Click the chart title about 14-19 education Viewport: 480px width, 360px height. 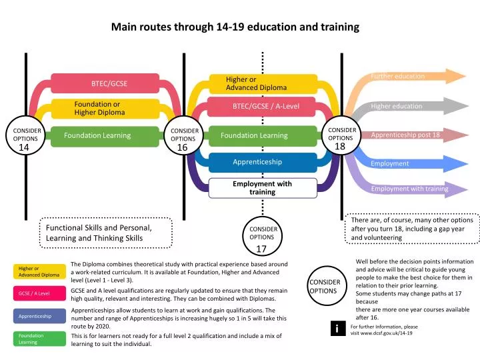235,27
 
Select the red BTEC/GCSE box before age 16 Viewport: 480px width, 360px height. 105,83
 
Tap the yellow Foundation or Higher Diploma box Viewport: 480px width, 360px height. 105,109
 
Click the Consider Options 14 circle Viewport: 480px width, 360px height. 25,135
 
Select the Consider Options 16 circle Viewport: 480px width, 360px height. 183,135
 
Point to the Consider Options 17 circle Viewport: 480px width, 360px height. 263,236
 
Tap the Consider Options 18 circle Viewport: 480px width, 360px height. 341,135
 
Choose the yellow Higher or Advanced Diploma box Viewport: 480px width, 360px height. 263,83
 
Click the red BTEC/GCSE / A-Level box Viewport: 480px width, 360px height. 261,107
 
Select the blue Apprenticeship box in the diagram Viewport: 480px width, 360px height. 263,162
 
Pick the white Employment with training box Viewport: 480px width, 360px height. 263,188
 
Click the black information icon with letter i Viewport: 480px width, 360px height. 338,328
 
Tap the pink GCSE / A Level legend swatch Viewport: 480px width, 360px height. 39,293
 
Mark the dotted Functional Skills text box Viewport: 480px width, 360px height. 106,233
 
